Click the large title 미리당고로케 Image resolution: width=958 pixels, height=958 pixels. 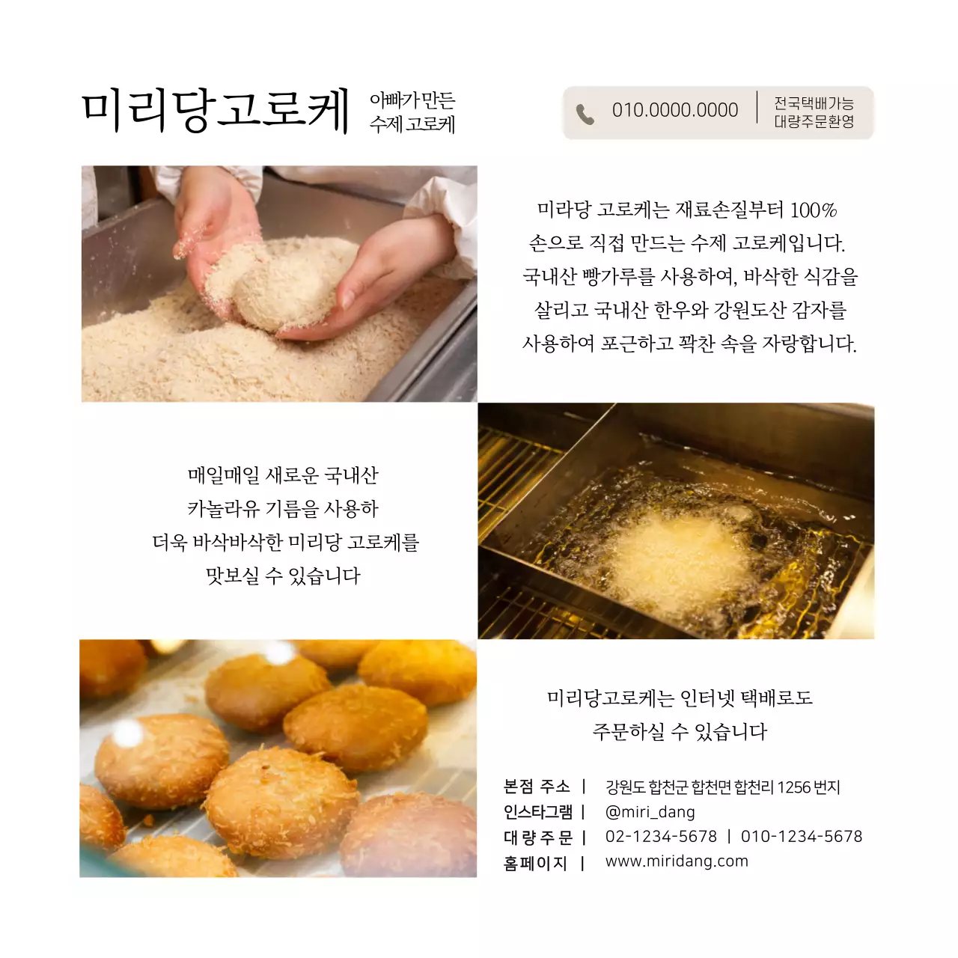(216, 111)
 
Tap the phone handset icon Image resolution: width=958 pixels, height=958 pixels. (585, 115)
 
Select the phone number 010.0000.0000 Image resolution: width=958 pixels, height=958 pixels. (674, 111)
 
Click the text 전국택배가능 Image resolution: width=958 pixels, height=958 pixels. (814, 103)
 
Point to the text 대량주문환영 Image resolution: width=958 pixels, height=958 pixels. (814, 121)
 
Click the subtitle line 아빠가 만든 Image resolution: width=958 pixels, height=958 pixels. (412, 100)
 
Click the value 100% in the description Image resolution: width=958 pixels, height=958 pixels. (813, 210)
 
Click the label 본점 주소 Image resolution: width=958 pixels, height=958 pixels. (537, 787)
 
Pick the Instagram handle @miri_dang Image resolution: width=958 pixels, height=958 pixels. (650, 812)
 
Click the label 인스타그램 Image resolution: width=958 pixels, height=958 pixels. (537, 812)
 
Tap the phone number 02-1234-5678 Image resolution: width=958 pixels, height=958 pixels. (661, 837)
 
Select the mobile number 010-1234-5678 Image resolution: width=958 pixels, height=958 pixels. (801, 837)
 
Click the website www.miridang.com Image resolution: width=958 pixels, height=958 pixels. (677, 861)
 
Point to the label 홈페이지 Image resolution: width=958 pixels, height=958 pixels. (535, 863)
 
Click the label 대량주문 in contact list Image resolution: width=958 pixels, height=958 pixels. (537, 838)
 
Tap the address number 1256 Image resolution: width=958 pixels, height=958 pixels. (794, 787)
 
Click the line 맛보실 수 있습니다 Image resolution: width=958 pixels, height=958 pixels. (283, 576)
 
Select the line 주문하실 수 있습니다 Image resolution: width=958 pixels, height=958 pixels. (680, 731)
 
